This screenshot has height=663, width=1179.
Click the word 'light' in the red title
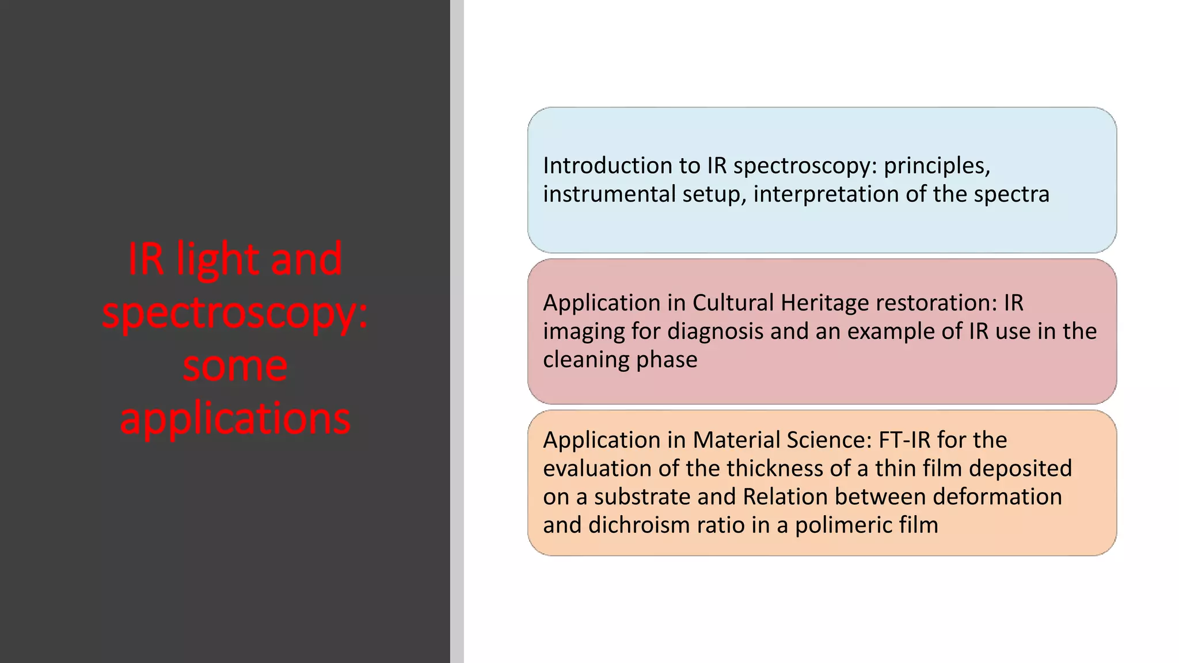click(218, 260)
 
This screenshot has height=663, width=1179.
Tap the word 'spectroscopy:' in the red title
click(235, 314)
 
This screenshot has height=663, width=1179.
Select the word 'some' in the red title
click(235, 367)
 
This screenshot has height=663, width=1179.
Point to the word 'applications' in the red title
click(235, 419)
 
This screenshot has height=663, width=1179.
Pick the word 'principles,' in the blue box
click(937, 166)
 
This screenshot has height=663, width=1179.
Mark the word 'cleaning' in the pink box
click(586, 360)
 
